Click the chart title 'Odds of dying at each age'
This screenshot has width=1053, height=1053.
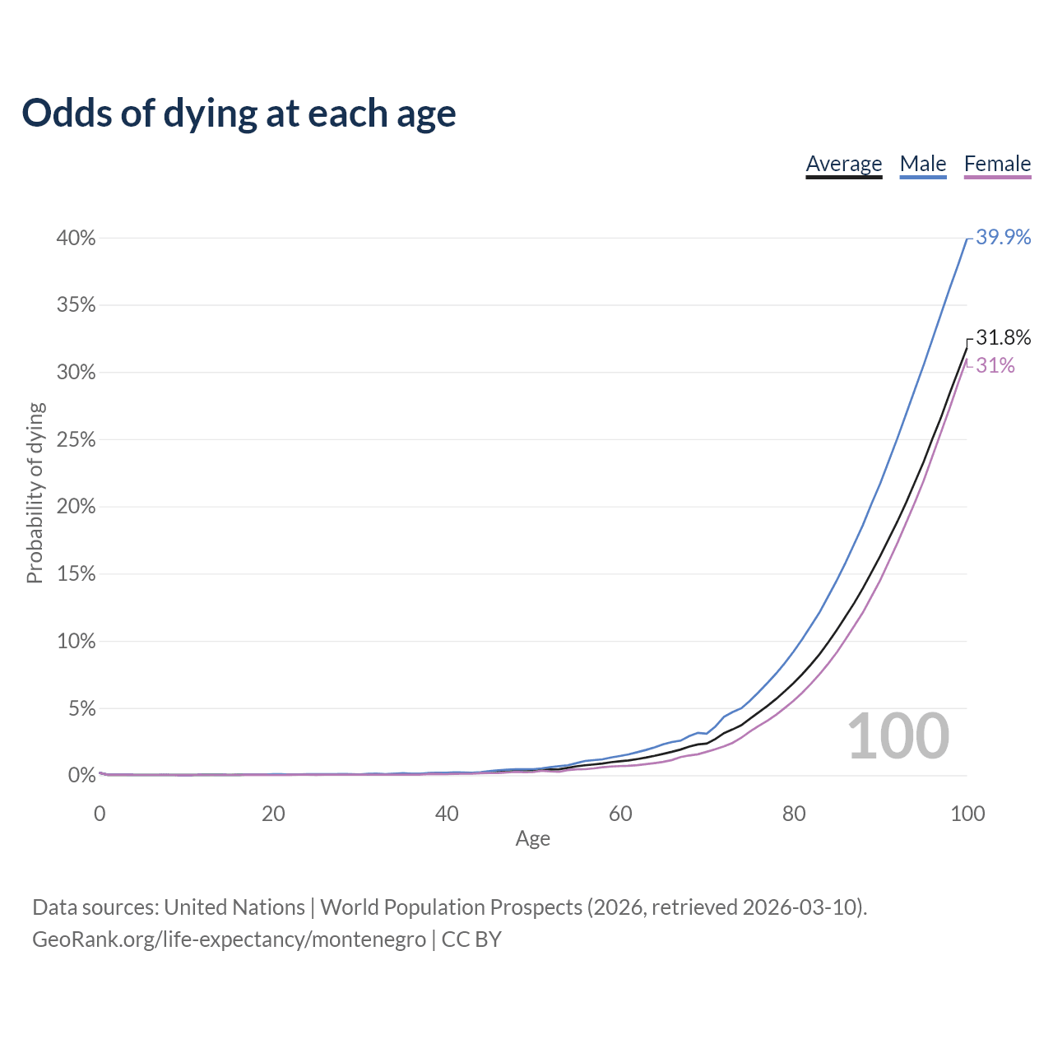tap(239, 114)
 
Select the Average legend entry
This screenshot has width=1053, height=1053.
tap(843, 164)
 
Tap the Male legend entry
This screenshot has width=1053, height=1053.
tap(923, 164)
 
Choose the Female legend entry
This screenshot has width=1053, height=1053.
tap(997, 164)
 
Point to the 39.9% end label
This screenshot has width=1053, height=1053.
tap(1003, 237)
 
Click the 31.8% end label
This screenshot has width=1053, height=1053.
tap(1003, 337)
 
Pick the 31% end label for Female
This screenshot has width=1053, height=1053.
tap(995, 366)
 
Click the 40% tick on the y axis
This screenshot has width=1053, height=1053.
tap(76, 239)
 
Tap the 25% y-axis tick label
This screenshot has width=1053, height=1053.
tap(76, 440)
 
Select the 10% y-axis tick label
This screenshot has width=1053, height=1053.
tap(76, 642)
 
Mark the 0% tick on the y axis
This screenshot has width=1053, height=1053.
tap(81, 776)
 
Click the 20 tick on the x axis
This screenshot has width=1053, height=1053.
tap(273, 814)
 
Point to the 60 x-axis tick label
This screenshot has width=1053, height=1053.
tap(620, 814)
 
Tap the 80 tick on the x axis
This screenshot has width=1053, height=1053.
tap(794, 814)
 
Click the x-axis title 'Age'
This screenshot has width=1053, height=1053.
tap(532, 838)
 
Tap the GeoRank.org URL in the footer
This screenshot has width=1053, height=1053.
tap(229, 939)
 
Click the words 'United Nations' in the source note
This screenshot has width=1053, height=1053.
tap(234, 907)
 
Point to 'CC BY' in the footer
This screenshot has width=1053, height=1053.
tap(471, 939)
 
